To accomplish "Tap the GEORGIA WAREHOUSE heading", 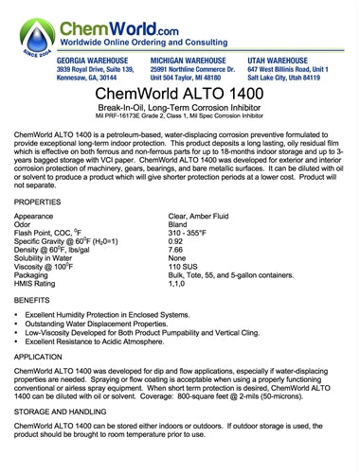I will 91,60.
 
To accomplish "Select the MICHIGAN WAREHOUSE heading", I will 191,60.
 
